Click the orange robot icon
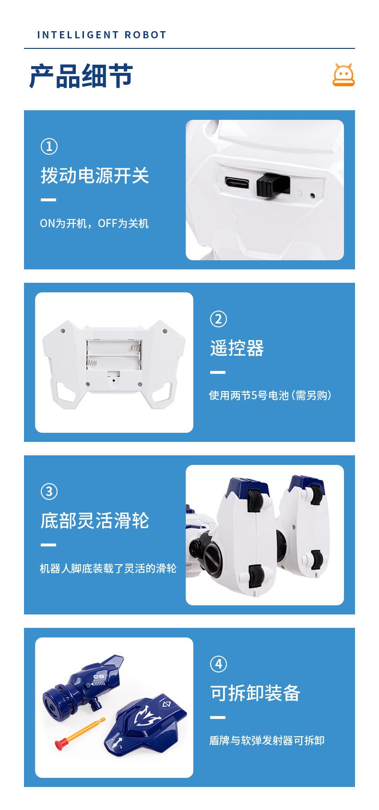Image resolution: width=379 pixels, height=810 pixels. (x=343, y=75)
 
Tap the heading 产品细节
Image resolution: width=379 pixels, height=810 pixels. (x=82, y=76)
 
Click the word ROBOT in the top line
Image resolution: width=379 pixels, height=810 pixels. (x=145, y=35)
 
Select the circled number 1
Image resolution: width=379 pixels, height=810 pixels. (x=49, y=147)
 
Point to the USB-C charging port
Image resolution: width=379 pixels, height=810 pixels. (x=237, y=183)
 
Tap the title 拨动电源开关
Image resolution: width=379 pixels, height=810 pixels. (x=95, y=176)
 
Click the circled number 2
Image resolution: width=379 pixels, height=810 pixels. (x=218, y=319)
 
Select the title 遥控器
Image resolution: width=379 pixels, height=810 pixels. (x=237, y=348)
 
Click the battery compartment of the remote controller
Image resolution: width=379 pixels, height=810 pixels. (x=114, y=355)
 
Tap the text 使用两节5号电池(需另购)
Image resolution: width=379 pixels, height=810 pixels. (x=270, y=395)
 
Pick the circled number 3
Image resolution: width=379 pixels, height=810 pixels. (x=49, y=491)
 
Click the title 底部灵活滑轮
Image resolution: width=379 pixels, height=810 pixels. (x=95, y=521)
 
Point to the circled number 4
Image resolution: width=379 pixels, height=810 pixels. (x=218, y=664)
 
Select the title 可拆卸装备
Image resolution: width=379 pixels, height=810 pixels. (x=255, y=693)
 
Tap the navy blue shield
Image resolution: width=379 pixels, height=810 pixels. (x=145, y=724)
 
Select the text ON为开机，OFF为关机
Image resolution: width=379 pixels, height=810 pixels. (x=94, y=223)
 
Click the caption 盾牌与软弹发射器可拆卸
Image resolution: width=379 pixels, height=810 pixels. (x=267, y=741)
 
